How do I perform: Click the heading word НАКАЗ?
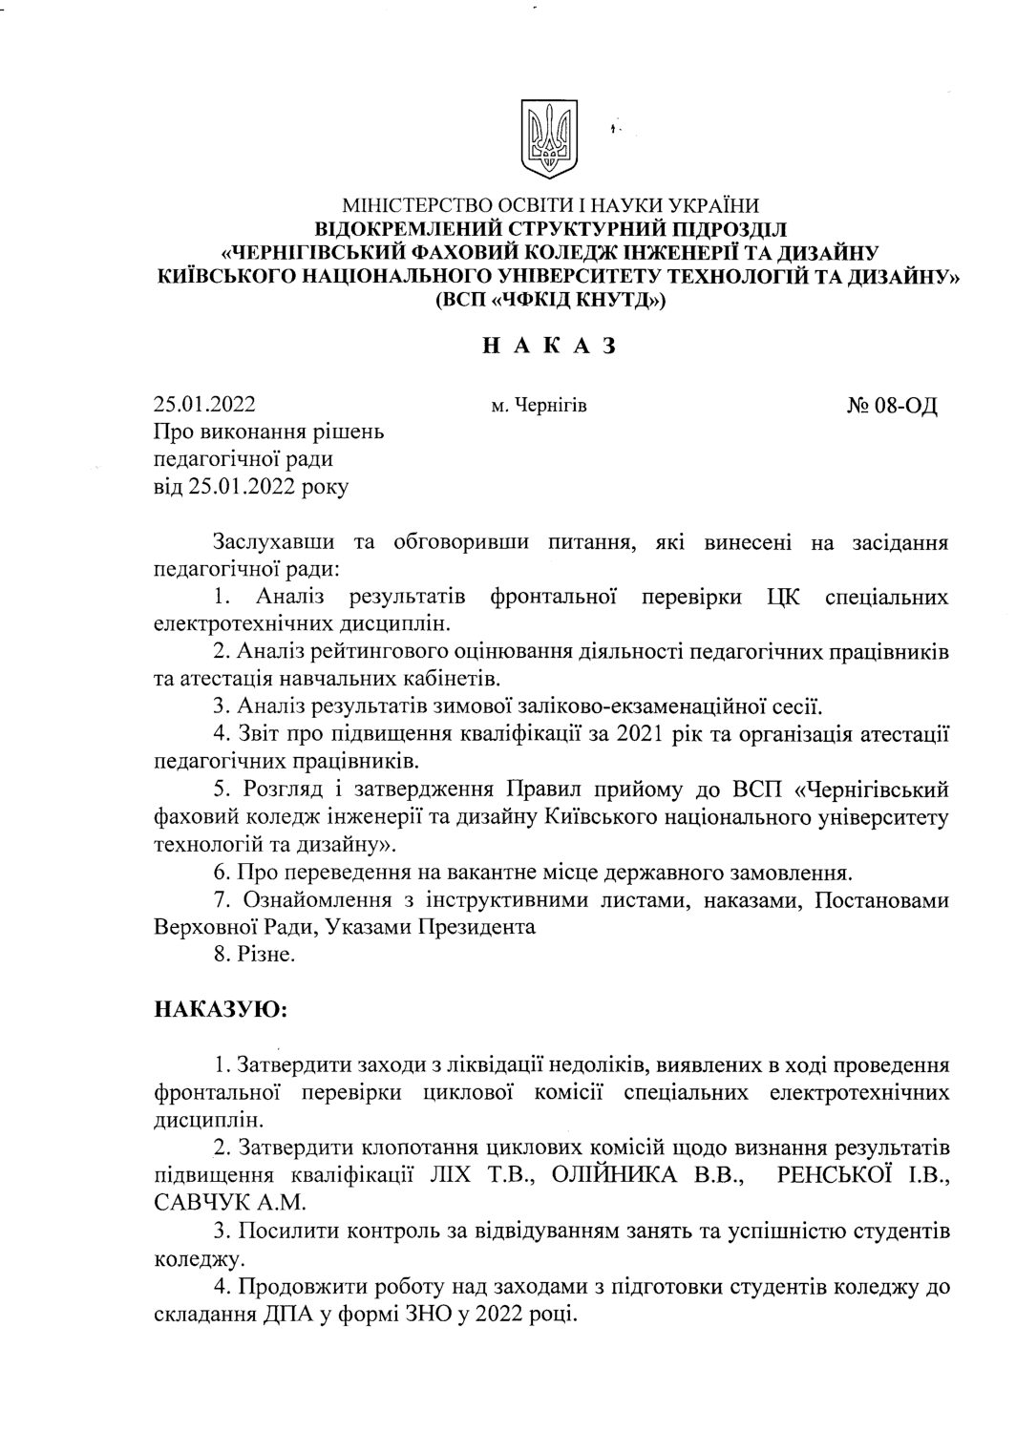coord(547,346)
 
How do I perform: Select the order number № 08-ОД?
coord(892,406)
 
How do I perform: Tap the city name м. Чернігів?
coord(539,407)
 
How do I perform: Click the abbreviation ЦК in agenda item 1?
coord(781,598)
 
